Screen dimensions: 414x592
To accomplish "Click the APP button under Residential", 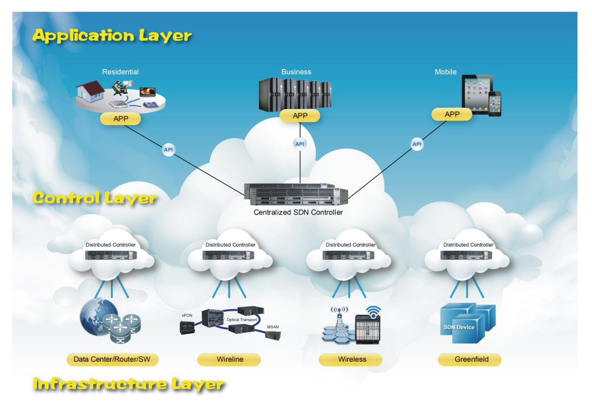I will click(120, 119).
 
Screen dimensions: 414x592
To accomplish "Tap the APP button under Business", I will click(300, 116).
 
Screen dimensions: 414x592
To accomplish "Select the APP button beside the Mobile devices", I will click(452, 114).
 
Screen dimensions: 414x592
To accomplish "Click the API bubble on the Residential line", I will click(168, 150).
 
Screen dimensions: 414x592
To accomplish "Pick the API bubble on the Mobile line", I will click(417, 145).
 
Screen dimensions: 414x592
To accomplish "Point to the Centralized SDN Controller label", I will click(298, 212).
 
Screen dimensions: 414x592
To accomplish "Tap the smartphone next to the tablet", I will click(494, 104).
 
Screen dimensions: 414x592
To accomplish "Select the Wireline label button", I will click(229, 359).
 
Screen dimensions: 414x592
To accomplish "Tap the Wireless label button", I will click(352, 359).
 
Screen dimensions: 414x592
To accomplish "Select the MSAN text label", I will click(273, 327).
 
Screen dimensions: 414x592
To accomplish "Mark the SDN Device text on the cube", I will click(458, 327).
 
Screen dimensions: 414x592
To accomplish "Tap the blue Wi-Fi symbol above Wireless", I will click(374, 311).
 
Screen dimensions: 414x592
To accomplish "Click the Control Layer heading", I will click(95, 198).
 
